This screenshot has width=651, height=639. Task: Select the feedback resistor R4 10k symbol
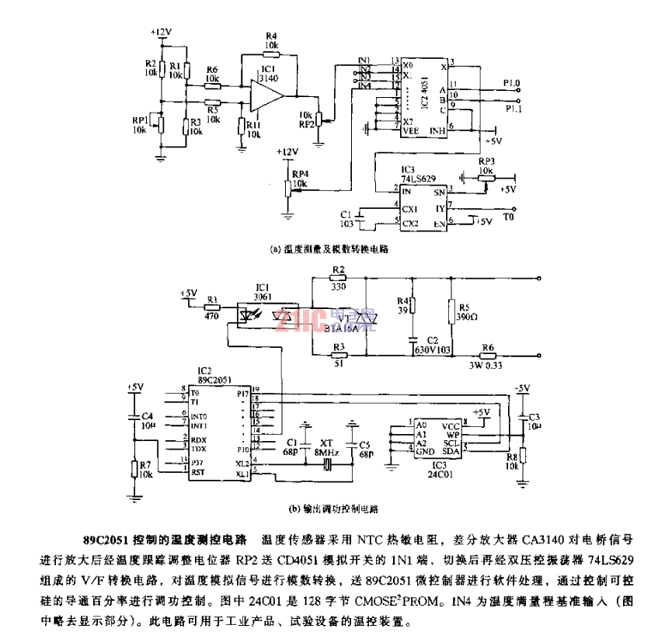pyautogui.click(x=270, y=54)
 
